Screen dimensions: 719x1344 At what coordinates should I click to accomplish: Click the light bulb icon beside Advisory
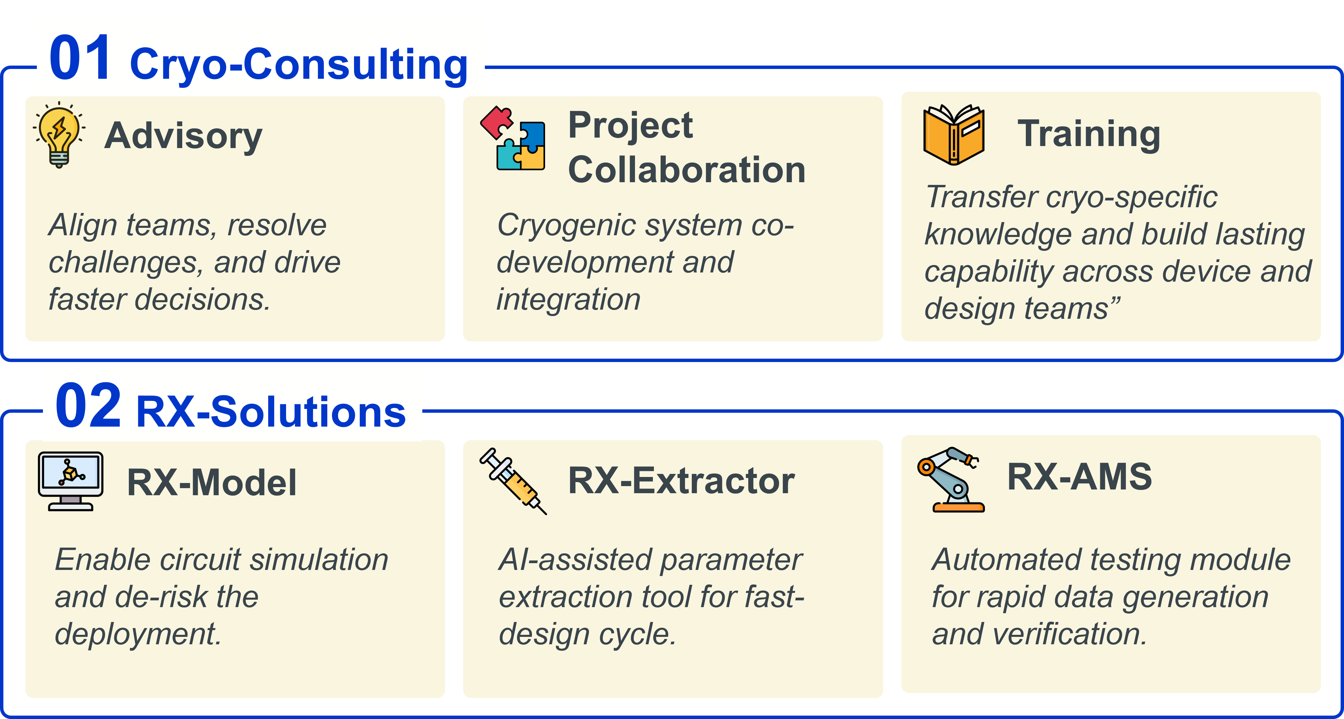point(59,134)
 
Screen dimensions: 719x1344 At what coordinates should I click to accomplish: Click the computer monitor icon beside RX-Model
point(70,481)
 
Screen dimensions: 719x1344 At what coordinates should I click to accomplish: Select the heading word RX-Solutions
point(270,412)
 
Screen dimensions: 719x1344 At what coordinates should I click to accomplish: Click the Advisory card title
point(183,136)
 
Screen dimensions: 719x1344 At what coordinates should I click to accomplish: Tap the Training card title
point(1088,134)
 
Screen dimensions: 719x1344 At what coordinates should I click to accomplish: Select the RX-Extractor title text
point(681,481)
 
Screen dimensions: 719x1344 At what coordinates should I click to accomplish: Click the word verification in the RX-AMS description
point(1069,634)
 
